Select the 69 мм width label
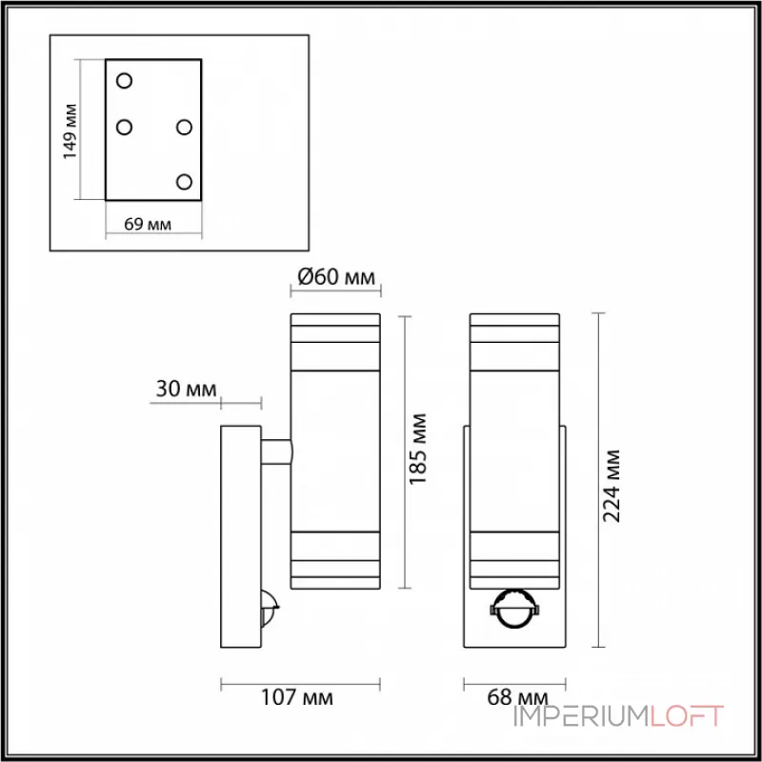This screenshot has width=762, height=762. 148,225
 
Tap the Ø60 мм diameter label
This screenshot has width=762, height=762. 335,277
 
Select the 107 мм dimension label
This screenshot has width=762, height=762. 301,699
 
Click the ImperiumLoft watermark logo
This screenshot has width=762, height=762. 618,716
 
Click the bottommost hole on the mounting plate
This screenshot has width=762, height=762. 185,181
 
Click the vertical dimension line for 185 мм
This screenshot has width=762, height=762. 405,451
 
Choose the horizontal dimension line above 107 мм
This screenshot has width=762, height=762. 300,681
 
